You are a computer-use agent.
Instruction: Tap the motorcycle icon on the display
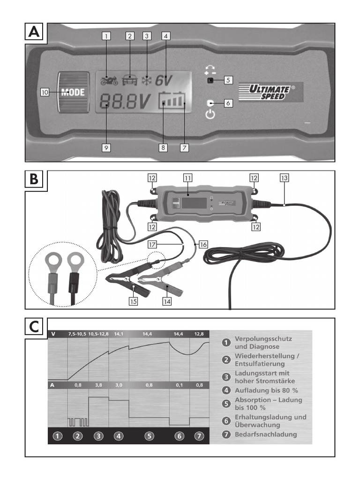click(109, 81)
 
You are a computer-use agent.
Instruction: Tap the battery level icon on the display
click(172, 101)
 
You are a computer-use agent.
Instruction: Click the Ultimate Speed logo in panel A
click(270, 92)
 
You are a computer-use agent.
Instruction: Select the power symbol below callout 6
click(210, 114)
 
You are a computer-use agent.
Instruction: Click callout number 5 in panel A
click(228, 80)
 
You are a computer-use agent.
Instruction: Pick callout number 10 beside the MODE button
click(45, 92)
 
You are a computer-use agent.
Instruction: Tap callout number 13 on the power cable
click(285, 178)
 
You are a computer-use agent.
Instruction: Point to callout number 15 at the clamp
click(134, 301)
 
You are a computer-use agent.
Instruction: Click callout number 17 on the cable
click(152, 244)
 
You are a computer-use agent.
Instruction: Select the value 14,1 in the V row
click(118, 333)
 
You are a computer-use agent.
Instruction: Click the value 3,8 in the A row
click(98, 385)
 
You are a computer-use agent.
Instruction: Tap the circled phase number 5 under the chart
click(149, 435)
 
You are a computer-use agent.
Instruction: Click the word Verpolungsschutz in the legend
click(263, 338)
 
